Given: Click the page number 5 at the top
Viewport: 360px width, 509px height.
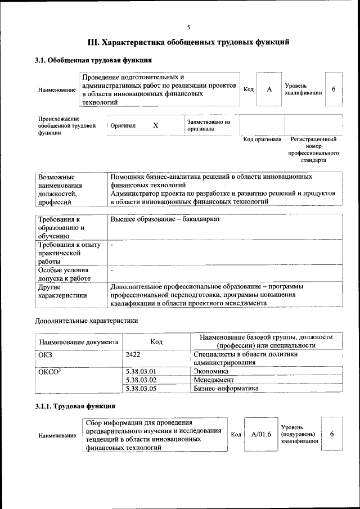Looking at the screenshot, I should coord(188,27).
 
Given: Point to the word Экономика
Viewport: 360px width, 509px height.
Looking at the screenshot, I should coord(210,371).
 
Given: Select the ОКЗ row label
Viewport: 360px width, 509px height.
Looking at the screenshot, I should coord(44,354).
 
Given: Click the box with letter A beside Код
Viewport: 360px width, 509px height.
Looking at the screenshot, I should coord(269,89).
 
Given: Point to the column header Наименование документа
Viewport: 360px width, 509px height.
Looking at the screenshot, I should coord(78,341).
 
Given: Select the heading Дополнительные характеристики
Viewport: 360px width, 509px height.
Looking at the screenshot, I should coord(86,321).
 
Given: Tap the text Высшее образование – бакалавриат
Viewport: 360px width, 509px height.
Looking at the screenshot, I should coord(165,219).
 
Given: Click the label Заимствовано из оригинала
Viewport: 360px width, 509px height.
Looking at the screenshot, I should coord(208,125).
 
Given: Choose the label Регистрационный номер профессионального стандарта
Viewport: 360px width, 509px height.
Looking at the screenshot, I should coord(313,149).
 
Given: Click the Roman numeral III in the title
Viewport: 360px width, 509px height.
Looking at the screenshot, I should coord(94,42).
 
